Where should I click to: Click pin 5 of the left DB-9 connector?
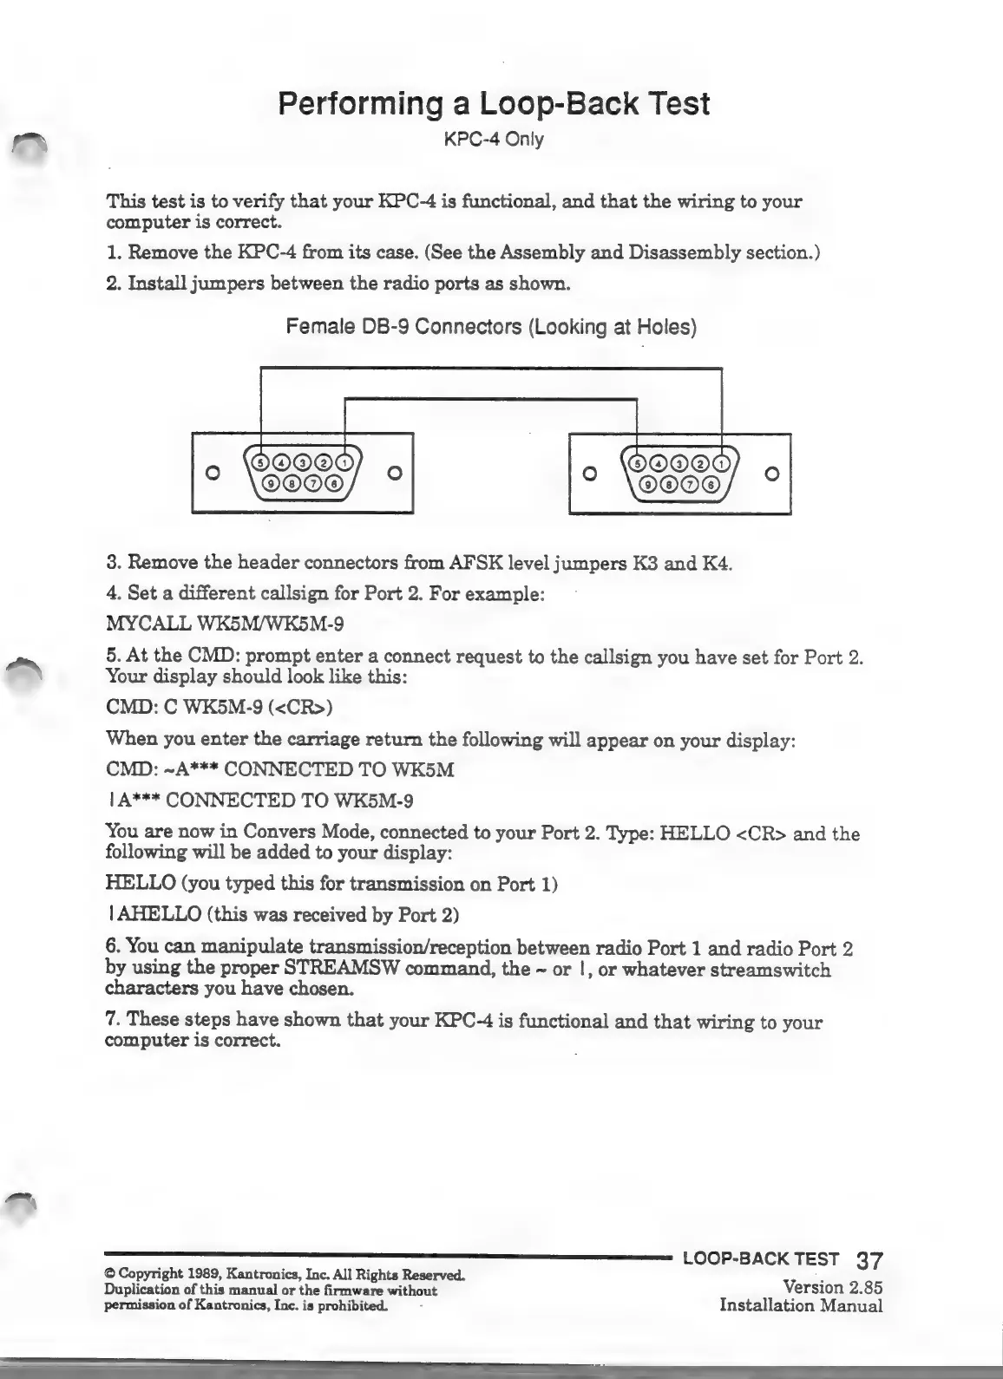click(x=259, y=461)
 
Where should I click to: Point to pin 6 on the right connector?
click(x=711, y=483)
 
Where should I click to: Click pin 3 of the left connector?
click(x=302, y=461)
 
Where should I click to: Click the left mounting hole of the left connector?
click(x=209, y=473)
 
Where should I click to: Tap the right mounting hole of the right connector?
click(x=773, y=473)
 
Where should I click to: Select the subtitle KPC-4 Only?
click(x=494, y=139)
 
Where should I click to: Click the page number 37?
click(x=869, y=1260)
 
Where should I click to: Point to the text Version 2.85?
click(x=832, y=1287)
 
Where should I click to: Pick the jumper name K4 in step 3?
click(x=720, y=563)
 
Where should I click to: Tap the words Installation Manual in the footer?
click(x=801, y=1305)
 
